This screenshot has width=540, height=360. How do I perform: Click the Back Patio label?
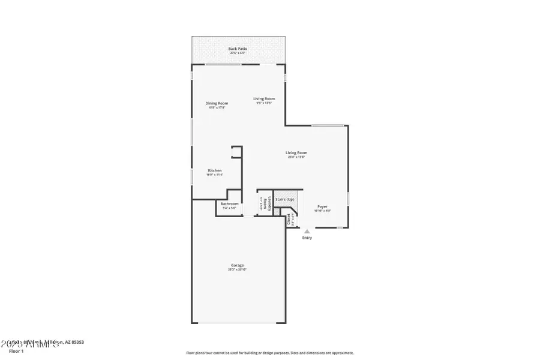238,49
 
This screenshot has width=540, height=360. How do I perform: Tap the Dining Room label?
217,103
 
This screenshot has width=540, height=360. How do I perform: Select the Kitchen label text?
215,170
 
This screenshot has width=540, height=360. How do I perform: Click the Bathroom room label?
229,204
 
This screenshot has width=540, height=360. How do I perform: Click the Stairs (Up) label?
285,199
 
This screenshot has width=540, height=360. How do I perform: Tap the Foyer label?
322,206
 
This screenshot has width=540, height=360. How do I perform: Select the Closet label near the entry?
288,219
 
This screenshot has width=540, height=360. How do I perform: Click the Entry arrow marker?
307,231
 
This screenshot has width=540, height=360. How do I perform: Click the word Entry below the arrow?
307,238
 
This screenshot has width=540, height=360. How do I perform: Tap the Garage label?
237,265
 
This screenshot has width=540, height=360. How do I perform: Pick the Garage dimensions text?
237,270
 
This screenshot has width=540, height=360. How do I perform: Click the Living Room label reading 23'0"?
297,152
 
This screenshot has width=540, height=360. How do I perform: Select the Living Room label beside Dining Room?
264,98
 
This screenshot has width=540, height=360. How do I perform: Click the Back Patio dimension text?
238,53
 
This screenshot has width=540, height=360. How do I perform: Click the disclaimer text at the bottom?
270,353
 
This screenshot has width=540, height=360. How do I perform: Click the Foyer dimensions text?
322,211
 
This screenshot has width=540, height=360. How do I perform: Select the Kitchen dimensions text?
215,175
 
